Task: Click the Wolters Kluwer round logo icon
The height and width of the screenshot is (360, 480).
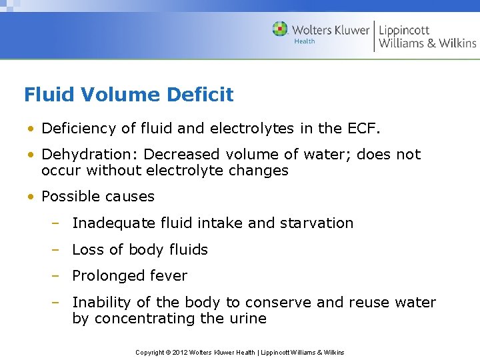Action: click(x=280, y=29)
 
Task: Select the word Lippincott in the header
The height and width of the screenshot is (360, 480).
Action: click(x=404, y=30)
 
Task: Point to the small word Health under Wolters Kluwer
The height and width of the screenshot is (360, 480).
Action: click(x=305, y=41)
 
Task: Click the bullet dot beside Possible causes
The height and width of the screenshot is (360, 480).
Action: click(x=31, y=197)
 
